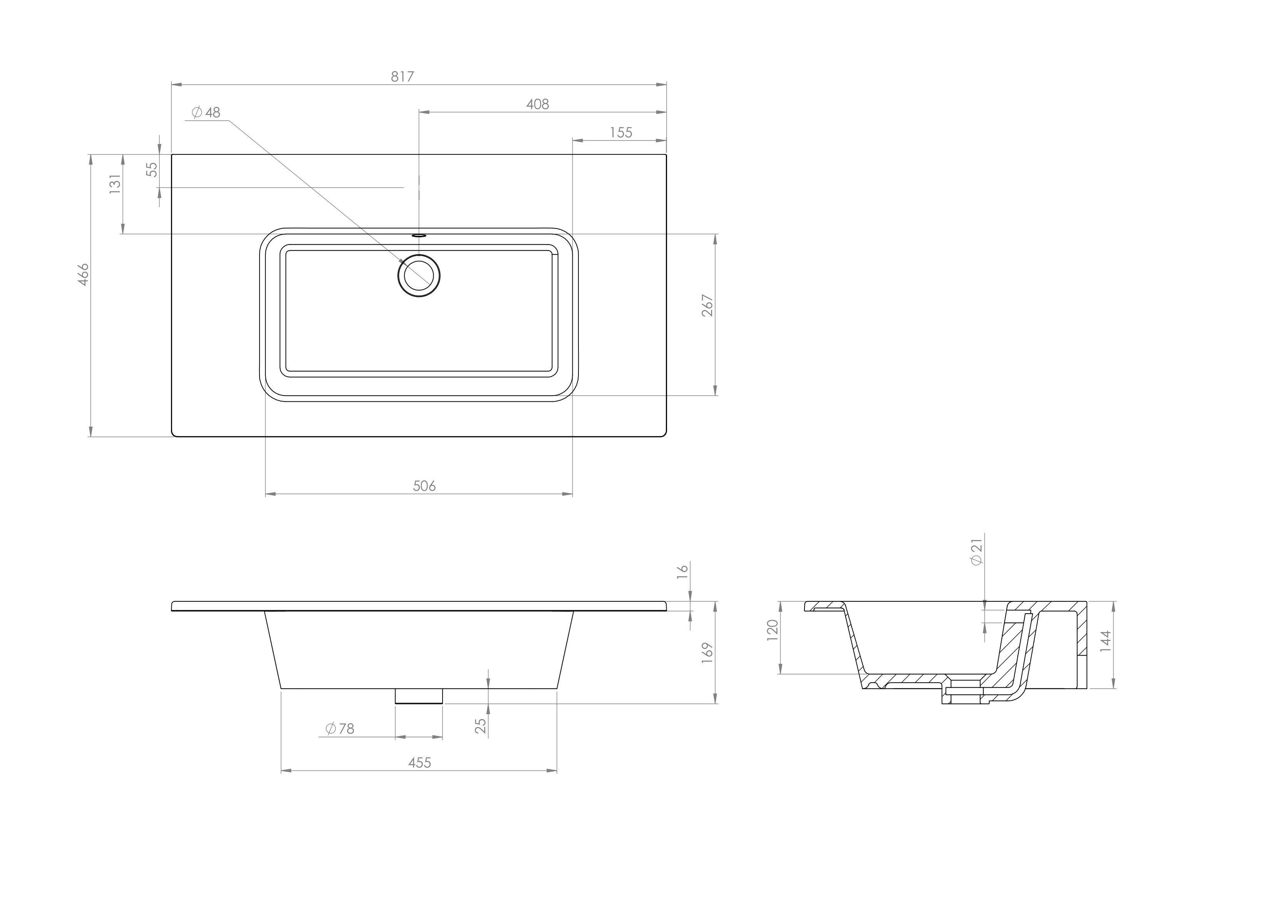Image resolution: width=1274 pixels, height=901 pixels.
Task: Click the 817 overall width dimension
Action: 402,77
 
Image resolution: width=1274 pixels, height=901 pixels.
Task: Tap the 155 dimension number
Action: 621,133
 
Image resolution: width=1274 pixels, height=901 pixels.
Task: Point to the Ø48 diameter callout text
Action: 206,113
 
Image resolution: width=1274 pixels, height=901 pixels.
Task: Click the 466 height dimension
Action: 83,275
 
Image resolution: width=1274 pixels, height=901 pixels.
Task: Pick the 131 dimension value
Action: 115,184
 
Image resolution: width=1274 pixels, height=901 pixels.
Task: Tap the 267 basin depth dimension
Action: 708,306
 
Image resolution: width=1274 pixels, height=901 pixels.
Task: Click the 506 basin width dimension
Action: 424,486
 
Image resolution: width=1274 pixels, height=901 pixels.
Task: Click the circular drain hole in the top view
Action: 419,275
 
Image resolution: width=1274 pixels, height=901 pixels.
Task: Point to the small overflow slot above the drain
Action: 419,235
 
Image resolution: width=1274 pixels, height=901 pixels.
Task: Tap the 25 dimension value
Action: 481,726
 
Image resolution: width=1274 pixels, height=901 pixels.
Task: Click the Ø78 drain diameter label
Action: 340,728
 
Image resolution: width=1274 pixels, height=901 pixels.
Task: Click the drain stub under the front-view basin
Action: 419,696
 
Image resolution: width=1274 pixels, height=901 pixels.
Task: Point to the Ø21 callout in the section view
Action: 977,552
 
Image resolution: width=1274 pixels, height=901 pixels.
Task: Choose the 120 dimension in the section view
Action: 773,631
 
